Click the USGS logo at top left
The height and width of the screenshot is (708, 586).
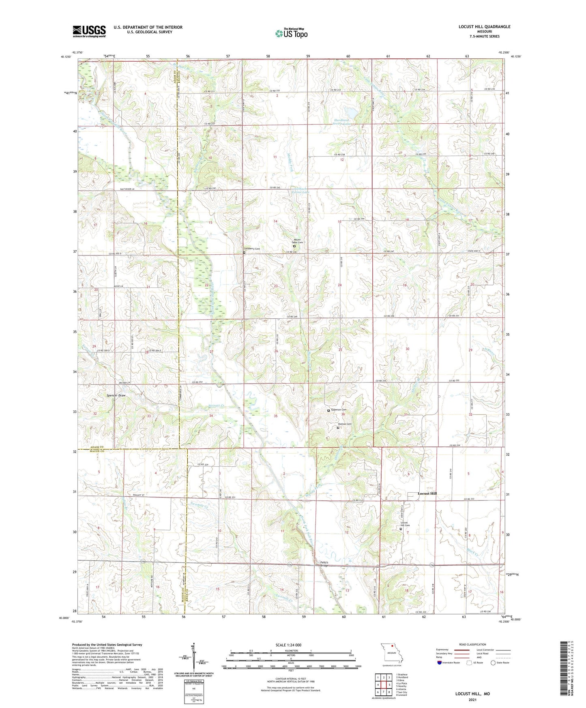click(89, 31)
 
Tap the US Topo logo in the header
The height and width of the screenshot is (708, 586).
click(291, 34)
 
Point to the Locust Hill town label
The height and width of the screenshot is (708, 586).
click(427, 493)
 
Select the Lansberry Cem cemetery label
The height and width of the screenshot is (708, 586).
click(252, 249)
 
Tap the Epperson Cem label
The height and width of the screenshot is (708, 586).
click(339, 410)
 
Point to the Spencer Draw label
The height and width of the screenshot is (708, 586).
click(116, 395)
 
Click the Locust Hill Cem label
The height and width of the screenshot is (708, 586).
click(405, 524)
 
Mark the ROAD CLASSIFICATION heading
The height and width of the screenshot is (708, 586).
click(472, 644)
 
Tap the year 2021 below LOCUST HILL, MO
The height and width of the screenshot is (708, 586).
click(472, 699)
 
